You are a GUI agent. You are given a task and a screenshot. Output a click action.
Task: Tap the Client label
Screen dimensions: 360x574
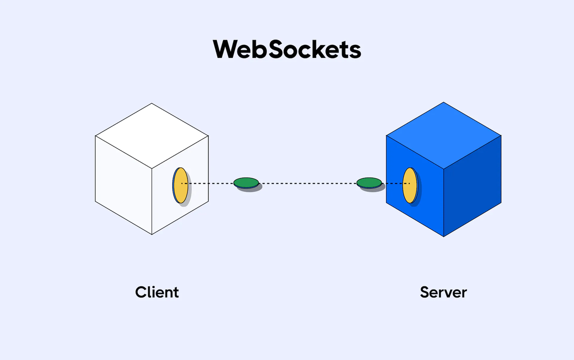point(157,292)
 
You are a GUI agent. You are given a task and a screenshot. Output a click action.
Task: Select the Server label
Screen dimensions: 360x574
point(443,292)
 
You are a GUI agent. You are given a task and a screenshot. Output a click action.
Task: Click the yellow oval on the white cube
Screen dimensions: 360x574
point(180,185)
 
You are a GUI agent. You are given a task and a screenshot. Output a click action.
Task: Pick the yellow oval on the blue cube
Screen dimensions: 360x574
point(409,185)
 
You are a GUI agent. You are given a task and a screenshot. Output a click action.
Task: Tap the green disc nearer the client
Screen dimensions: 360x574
point(246,182)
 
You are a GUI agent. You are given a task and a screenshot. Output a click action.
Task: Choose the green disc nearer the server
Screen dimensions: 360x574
point(369,182)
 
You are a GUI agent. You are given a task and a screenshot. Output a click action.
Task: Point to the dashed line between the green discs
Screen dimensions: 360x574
point(308,183)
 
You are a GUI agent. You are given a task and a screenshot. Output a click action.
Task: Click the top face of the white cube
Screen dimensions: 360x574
point(152,135)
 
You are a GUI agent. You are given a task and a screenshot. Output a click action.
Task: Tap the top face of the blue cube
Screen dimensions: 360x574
point(443,135)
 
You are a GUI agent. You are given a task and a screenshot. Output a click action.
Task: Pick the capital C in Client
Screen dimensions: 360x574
point(142,292)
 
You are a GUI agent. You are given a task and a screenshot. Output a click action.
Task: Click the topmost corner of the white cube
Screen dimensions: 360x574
point(152,103)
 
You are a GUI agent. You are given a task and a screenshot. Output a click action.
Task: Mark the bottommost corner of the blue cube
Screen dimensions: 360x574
point(444,237)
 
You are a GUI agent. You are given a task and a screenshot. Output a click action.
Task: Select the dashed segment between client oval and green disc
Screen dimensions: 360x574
point(210,183)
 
